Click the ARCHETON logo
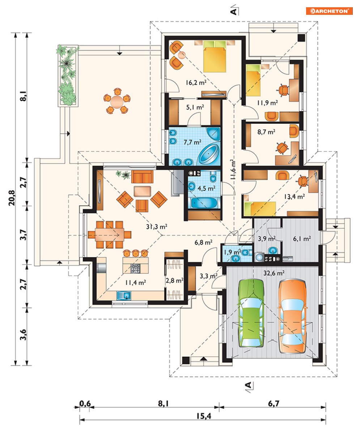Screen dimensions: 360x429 [x=329, y=11]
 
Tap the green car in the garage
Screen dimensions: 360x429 [x=251, y=313]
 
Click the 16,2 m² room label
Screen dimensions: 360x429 [x=196, y=82]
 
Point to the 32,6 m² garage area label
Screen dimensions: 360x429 [x=274, y=273]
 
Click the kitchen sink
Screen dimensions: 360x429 [x=124, y=295]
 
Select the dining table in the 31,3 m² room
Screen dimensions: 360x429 [x=110, y=235]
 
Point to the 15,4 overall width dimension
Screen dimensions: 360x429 [x=204, y=416]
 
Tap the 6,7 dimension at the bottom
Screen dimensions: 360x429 [x=274, y=403]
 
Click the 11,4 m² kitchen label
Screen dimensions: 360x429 [x=136, y=283]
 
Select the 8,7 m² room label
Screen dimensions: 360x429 [x=266, y=132]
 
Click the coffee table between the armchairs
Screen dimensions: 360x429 [x=143, y=191]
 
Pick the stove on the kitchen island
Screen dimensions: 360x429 [x=135, y=268]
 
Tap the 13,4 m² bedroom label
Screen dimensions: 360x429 [x=295, y=197]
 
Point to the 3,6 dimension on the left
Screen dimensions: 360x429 [x=23, y=335]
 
